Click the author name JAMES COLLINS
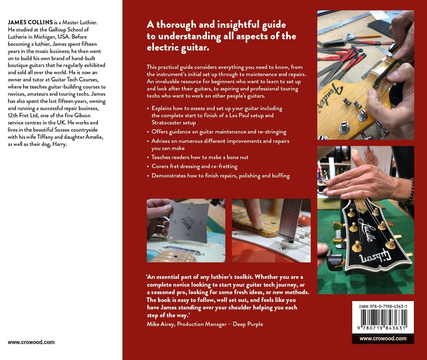30,22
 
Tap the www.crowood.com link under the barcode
383,339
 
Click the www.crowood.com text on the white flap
31,342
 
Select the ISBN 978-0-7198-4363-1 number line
383,306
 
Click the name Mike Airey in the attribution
160,324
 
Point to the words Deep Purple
248,324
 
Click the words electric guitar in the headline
178,48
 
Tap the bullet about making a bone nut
200,157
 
